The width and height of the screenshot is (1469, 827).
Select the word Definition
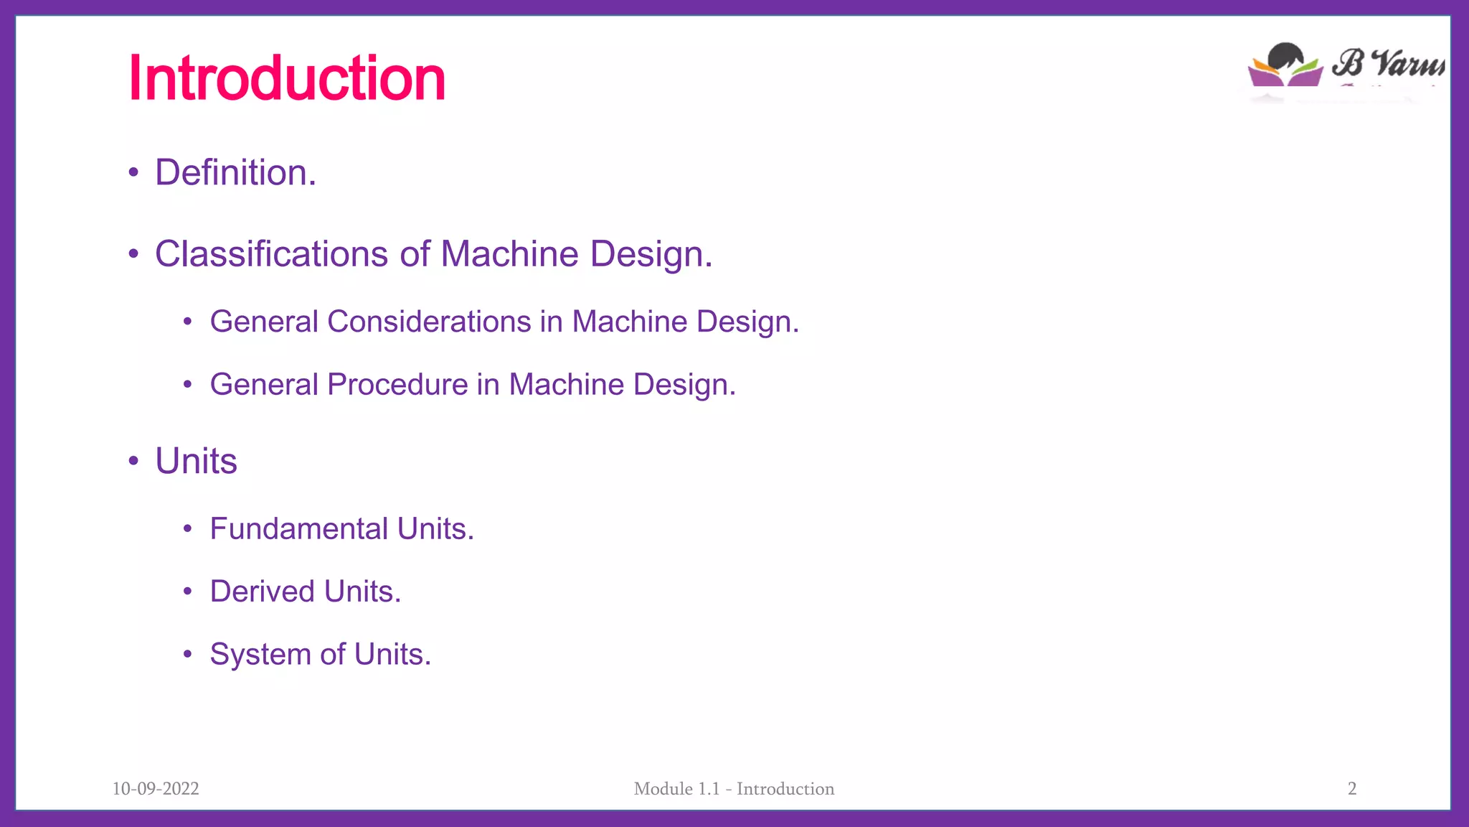(x=235, y=173)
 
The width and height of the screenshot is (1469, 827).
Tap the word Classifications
(x=272, y=254)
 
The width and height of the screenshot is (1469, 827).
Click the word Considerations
(x=429, y=322)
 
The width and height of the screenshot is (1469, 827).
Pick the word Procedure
(x=397, y=385)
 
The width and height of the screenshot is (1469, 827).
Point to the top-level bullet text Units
(x=196, y=461)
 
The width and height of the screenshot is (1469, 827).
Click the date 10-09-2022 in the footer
(x=156, y=788)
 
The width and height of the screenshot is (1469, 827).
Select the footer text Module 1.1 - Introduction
(x=734, y=788)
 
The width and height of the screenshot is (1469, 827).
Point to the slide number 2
(x=1352, y=788)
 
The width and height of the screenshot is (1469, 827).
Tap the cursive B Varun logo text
(x=1388, y=62)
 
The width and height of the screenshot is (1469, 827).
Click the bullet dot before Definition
(x=133, y=173)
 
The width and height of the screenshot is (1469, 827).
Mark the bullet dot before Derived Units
(x=187, y=592)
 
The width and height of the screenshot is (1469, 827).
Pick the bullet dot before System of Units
(x=187, y=655)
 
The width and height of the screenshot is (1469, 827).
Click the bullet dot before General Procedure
(x=187, y=385)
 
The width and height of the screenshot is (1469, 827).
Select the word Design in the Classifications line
(x=651, y=254)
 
